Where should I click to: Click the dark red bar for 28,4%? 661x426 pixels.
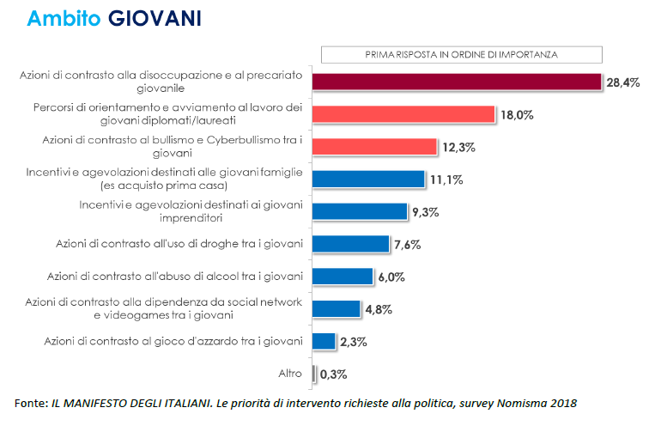coord(456,82)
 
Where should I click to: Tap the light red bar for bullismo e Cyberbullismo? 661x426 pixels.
coord(374,146)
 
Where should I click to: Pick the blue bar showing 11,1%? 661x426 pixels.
coord(368,179)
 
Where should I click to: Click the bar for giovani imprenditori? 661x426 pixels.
coord(359,211)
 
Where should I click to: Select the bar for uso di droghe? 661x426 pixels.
coord(351,244)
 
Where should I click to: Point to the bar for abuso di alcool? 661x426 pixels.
coord(343,277)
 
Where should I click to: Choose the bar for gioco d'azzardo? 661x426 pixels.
coord(324,341)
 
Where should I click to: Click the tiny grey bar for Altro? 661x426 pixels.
coord(313,374)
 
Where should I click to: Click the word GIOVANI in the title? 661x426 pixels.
coord(155,19)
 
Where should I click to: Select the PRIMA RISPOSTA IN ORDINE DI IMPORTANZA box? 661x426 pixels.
coord(449,54)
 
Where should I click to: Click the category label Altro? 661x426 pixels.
coord(289,374)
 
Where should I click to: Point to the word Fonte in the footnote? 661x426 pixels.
coord(32,403)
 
